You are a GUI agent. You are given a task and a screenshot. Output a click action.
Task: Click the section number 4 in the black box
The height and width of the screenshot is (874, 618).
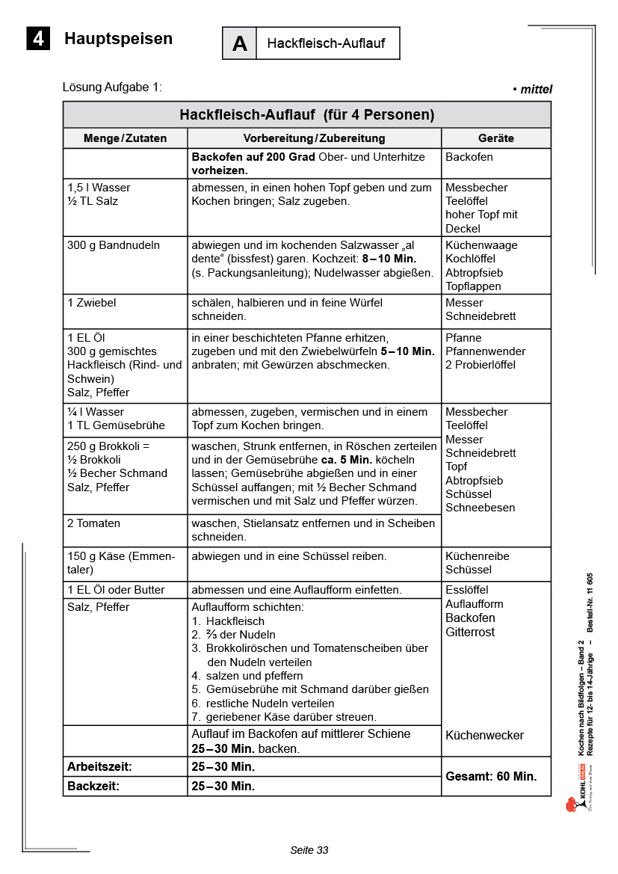pos(38,38)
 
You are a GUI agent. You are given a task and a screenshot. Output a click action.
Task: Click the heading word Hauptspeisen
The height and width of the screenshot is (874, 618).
pos(118,39)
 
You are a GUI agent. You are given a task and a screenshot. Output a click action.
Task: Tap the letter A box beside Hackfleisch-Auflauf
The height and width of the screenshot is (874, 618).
pos(239,43)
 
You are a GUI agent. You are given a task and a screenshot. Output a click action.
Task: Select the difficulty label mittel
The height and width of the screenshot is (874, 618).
pos(536,90)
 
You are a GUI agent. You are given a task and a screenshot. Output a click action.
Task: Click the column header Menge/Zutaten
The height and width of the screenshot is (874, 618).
pos(125,138)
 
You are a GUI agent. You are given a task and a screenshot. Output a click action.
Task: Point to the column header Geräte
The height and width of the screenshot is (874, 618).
pos(495,138)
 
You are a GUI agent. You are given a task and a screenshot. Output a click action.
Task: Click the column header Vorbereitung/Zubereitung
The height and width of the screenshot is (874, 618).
pos(314,138)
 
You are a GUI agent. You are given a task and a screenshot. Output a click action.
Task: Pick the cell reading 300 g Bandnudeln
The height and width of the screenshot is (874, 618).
pos(114,245)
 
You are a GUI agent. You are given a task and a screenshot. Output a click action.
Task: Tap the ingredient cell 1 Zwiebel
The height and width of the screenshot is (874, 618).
pos(92,303)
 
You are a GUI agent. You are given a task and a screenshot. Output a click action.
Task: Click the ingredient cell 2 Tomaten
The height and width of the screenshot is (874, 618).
pos(93,523)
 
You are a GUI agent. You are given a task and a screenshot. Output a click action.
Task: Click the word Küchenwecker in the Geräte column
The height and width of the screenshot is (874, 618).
pos(484,735)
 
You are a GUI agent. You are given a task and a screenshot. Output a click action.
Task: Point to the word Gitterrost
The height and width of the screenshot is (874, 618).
pos(470,633)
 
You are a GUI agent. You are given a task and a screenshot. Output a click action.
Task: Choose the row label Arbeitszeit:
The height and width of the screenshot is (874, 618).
pos(99,766)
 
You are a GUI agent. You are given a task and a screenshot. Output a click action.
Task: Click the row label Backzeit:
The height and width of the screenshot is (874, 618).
pos(93,786)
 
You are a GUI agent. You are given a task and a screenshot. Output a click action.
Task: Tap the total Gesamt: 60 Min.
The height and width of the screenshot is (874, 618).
pos(491,776)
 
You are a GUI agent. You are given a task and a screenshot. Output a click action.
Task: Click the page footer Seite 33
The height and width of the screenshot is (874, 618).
pos(309,850)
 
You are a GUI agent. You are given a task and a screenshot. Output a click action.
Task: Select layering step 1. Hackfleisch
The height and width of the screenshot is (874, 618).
pos(229,621)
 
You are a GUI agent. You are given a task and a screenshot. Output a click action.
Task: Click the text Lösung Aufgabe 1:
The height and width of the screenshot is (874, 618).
pos(112,87)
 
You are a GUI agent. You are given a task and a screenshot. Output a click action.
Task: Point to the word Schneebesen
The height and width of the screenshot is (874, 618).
pos(480,508)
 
